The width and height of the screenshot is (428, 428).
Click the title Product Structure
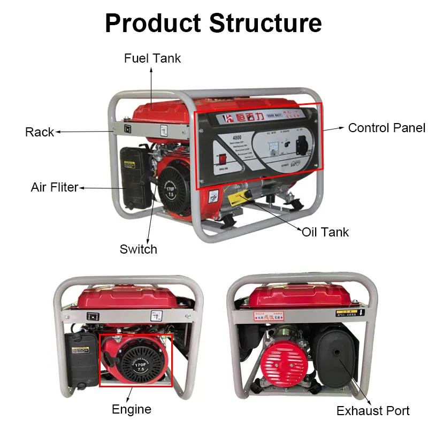click(213, 23)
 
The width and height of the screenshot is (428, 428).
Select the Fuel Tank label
click(152, 58)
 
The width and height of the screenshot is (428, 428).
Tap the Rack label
click(40, 132)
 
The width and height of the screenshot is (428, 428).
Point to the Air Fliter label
click(54, 187)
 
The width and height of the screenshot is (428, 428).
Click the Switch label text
click(138, 249)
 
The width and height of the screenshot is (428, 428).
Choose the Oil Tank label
click(325, 232)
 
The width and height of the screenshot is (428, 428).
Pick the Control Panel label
click(386, 128)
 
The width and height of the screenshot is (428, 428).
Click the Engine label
click(131, 410)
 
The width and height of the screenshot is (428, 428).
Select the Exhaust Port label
click(373, 411)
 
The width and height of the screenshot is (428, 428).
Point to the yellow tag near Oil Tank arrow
click(238, 197)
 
